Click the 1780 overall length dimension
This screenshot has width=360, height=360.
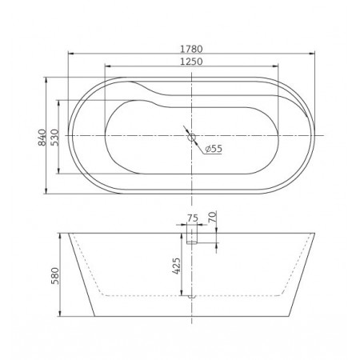click(191, 49)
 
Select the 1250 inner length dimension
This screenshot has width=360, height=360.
click(191, 62)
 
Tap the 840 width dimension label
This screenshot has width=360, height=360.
click(42, 138)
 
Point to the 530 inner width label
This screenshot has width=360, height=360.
click(54, 138)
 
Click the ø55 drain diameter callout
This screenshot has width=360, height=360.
click(214, 149)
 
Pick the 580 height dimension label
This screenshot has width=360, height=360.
click(55, 276)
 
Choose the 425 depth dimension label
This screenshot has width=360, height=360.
click(177, 266)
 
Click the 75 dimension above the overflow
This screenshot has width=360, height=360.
click(193, 218)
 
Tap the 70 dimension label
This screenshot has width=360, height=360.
click(213, 217)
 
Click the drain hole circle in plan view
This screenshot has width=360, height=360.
click(191, 138)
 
